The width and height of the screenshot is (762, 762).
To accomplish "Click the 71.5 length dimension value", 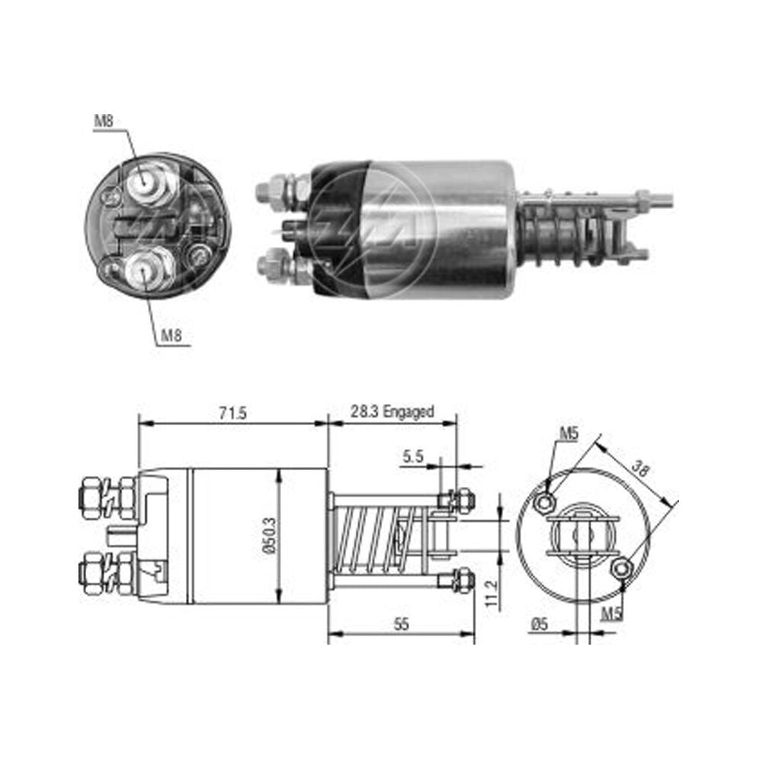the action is click(x=232, y=413).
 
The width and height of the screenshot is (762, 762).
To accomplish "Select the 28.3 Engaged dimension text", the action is click(x=392, y=412).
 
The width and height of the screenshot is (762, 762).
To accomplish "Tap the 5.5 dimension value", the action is click(x=413, y=456).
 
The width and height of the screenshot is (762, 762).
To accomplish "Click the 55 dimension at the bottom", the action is click(x=402, y=624).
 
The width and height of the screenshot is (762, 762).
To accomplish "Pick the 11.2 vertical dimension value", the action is click(x=491, y=594).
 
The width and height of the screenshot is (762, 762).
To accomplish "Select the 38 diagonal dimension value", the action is click(x=640, y=469).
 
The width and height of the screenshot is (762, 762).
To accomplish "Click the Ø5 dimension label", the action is click(x=539, y=623).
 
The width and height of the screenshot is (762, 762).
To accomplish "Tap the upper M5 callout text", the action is click(x=568, y=433).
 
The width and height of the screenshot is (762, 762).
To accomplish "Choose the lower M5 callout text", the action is click(x=612, y=614).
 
